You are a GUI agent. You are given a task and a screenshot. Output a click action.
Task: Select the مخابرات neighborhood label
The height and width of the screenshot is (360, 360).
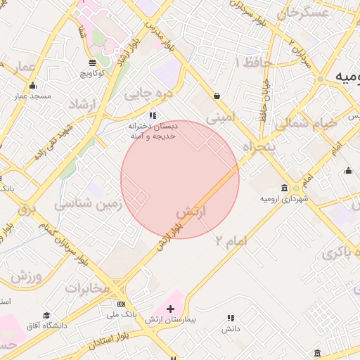pos(88,288)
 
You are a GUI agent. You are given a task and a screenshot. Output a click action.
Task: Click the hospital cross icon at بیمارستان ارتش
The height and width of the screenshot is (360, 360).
pos(170,309)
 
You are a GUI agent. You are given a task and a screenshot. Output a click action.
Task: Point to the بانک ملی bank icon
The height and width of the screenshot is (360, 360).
pos(122,304)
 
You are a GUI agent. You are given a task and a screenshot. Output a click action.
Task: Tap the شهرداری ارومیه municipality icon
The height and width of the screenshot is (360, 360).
pos(283,188)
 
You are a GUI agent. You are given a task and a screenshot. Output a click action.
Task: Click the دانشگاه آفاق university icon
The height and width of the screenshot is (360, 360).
pos(46,316)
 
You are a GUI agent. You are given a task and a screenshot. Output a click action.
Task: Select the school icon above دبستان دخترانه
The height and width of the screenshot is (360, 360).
pos(152,115)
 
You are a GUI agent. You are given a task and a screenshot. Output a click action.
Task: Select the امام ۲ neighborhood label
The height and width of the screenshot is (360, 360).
pos(231,240)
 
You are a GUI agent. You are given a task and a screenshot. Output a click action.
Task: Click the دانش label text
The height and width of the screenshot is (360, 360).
pos(231,328)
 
